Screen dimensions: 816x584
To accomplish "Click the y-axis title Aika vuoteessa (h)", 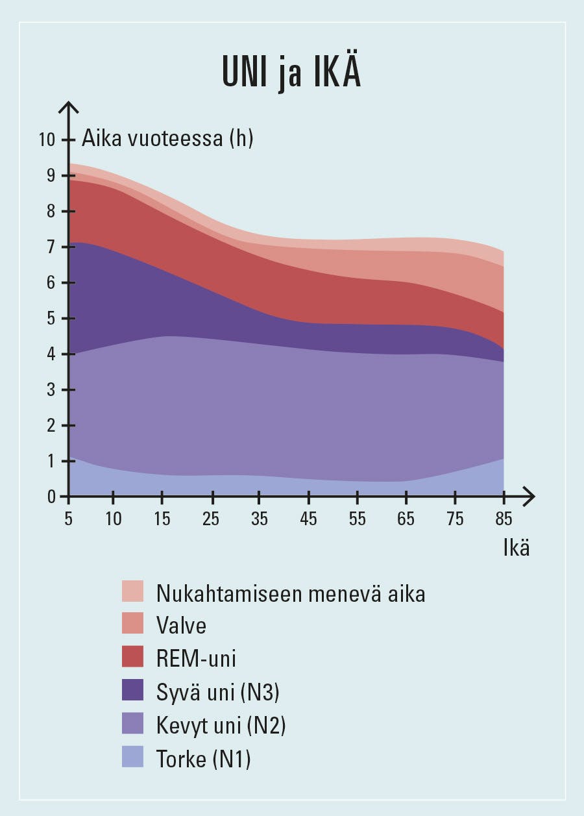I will (x=167, y=138).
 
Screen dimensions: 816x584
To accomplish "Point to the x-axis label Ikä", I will (x=517, y=547).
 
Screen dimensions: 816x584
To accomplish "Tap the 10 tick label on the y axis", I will (x=47, y=140).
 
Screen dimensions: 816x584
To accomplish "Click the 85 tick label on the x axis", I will (x=504, y=519).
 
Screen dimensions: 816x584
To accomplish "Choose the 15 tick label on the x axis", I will (x=162, y=519).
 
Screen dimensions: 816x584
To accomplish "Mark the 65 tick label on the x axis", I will (x=406, y=519).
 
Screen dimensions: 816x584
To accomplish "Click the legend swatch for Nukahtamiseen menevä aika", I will (x=132, y=591).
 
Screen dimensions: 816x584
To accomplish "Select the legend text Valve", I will (x=181, y=625).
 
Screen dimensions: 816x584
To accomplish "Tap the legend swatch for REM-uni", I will (x=132, y=658).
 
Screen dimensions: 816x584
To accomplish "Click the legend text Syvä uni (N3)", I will (x=217, y=692).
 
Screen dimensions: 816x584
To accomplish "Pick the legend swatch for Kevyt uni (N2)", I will (x=132, y=725).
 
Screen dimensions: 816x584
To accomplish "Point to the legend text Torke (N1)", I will (x=203, y=758).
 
